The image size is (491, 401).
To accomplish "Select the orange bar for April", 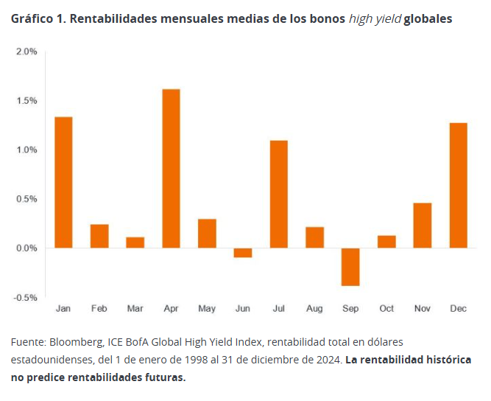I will coord(171,169).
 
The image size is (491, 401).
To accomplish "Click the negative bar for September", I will coord(350,266).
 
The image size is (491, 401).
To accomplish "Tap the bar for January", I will coord(63,182).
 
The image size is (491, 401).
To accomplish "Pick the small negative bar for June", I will coord(243,252).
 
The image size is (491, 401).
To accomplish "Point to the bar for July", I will coord(278,194).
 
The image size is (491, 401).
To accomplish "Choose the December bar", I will coord(458,185).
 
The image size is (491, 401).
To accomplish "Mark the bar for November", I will coord(422,226).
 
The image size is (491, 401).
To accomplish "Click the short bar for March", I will coord(135,243).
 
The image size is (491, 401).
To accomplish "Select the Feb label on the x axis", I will coord(99,309).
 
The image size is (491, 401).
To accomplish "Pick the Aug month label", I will coord(314,309).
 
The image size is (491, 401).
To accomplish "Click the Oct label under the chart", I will coord(386,309).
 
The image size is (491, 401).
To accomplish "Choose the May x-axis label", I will coord(207,309).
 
